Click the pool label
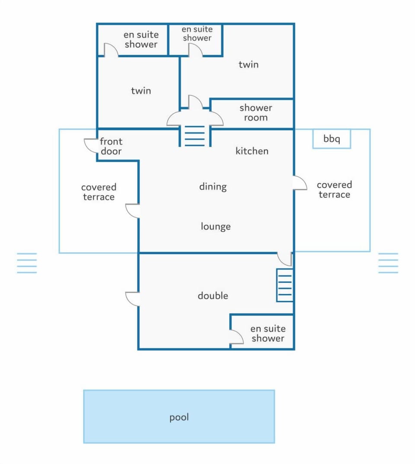pos(179,418)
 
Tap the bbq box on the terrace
pos(332,138)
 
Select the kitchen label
pos(252,151)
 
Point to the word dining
pos(213,187)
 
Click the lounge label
pos(216,226)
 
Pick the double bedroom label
pos(213,295)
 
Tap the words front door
pos(111,146)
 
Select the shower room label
pos(256,112)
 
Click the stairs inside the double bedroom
pos(285,285)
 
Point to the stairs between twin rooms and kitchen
pos(195,136)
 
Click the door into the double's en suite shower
pos(236,337)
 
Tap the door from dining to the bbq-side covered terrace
pos(300,183)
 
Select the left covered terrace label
pos(99,192)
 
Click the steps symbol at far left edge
pos(27,263)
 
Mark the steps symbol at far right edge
pos(388,263)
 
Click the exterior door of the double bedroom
pos(133,299)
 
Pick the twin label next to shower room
pos(249,64)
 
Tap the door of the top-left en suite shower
pos(111,50)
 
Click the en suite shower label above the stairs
pos(197,33)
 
